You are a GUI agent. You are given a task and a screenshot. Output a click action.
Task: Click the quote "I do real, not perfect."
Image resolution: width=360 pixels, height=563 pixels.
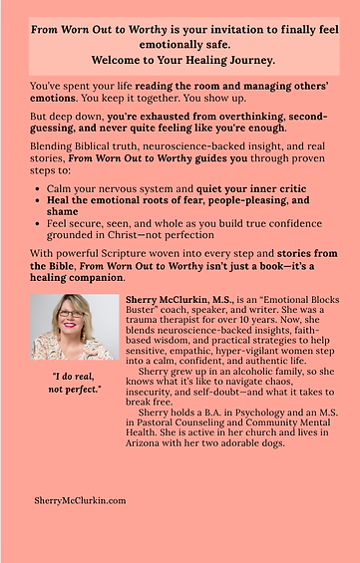point(75,383)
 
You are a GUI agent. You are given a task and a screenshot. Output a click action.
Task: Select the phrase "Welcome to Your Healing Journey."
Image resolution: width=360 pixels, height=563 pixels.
point(180,59)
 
